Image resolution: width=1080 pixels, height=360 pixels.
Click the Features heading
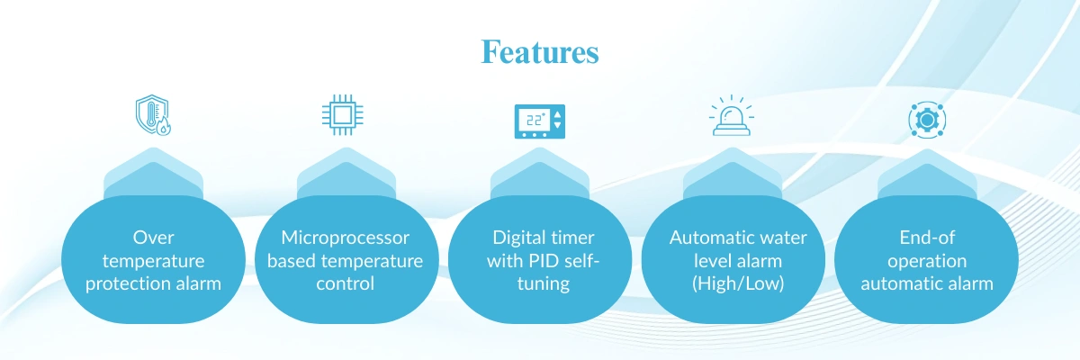539,51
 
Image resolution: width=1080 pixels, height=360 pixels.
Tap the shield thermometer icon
152,116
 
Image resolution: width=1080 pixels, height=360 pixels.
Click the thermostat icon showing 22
539,121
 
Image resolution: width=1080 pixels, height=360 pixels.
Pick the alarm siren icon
733,117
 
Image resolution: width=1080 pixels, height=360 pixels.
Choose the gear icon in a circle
926,120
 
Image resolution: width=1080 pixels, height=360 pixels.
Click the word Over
152,238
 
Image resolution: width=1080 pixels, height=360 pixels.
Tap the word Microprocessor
346,238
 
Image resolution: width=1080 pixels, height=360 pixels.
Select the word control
346,283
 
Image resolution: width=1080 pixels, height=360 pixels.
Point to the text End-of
926,238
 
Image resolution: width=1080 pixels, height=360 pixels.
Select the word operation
926,261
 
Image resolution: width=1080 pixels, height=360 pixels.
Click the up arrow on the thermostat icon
557,114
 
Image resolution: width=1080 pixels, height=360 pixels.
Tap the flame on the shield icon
164,128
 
